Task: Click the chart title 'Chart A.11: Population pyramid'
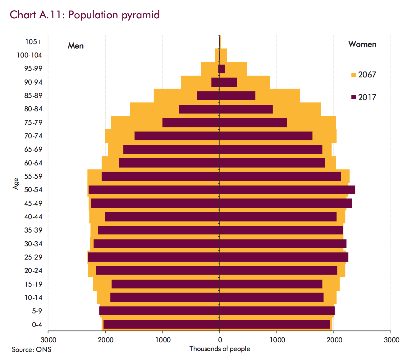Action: pos(85,15)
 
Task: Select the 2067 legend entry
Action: pos(364,75)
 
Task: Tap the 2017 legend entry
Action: pos(364,97)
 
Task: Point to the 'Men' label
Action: pos(76,46)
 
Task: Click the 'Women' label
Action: pos(362,44)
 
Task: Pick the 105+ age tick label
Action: pos(34,42)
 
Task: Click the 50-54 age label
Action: pos(33,190)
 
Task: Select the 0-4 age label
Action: pos(37,325)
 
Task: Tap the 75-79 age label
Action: pos(33,122)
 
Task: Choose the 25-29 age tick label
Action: pos(33,257)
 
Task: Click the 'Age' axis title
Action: pos(16,183)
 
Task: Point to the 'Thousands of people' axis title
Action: pos(220,349)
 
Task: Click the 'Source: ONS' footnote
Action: pos(31,349)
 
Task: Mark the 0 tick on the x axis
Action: pos(220,340)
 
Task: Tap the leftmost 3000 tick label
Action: pos(48,340)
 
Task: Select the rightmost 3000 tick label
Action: pos(391,340)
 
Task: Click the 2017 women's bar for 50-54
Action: pos(287,190)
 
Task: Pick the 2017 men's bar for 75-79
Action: pos(191,122)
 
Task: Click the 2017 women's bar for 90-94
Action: pos(228,82)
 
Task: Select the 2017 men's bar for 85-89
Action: pos(208,95)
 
